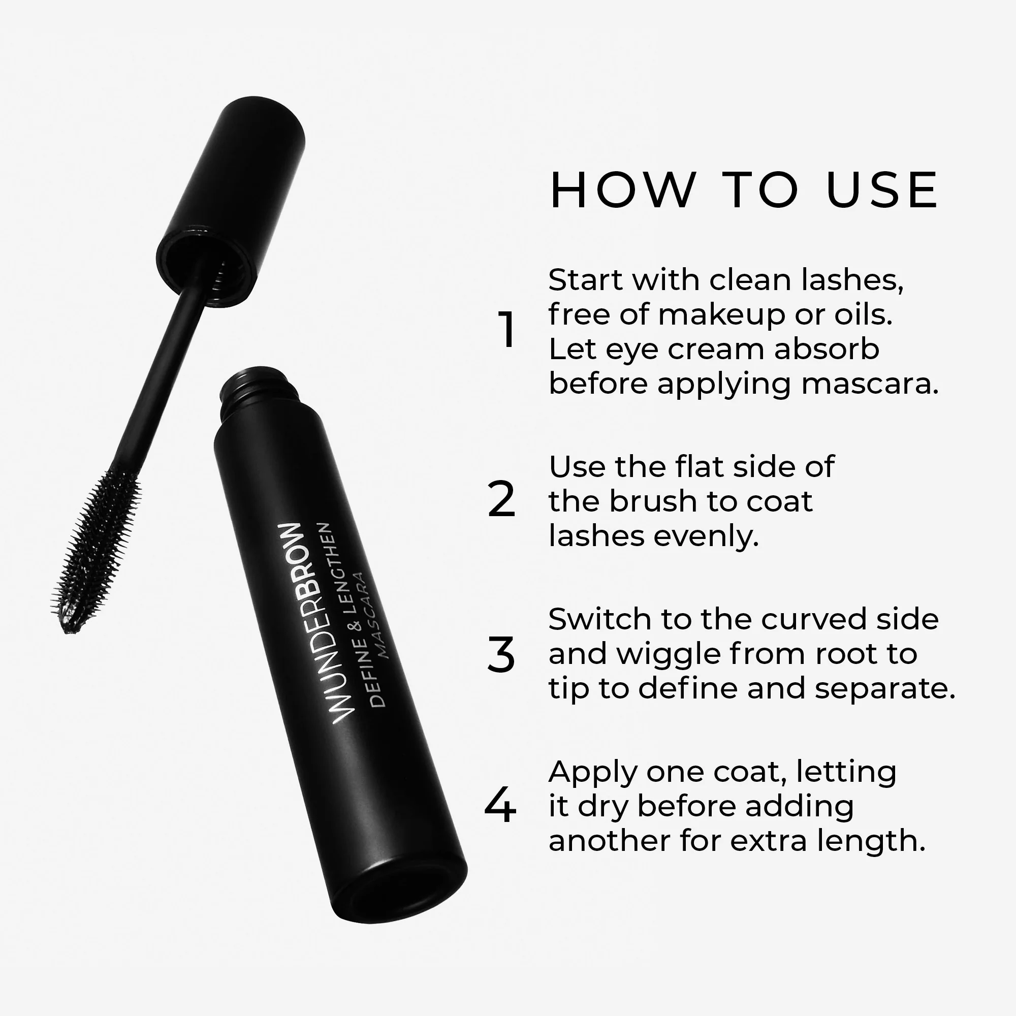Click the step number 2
501,500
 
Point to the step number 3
501,655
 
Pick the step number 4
499,805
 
